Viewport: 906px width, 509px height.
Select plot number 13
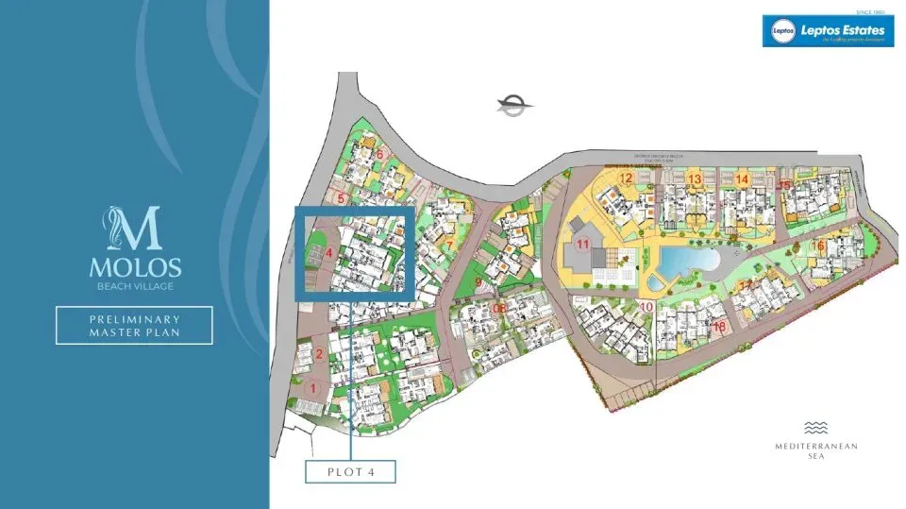point(695,178)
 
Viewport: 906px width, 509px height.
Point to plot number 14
point(742,178)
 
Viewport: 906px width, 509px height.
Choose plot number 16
point(818,246)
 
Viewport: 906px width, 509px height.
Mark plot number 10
point(646,306)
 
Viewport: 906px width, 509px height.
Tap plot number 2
point(320,354)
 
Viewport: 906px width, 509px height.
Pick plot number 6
point(380,155)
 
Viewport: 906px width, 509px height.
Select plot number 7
point(450,246)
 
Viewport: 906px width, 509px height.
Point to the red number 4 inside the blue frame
point(328,253)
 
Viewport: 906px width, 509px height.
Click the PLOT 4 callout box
point(350,470)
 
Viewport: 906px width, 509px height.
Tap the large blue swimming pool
point(684,259)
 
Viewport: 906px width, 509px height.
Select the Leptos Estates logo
point(828,31)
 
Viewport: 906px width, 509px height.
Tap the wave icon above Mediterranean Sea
point(815,427)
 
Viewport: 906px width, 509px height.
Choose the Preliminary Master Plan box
point(134,325)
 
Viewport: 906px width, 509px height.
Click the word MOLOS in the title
point(135,268)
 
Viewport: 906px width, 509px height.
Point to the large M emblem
point(134,229)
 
